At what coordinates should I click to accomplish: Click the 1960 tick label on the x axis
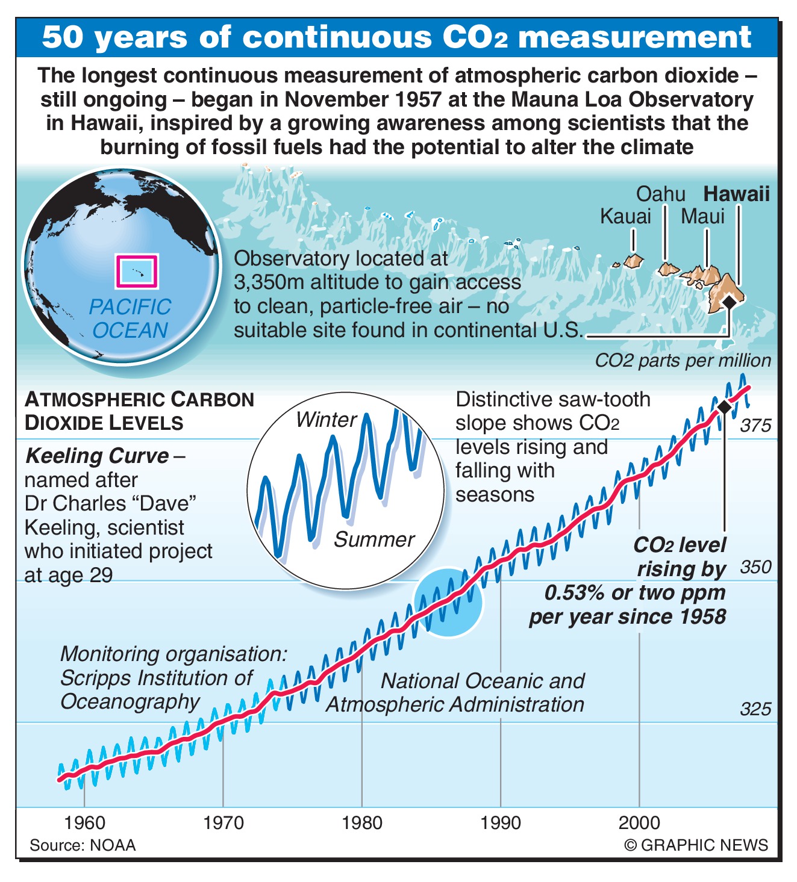point(84,822)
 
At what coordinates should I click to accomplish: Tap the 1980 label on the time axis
point(361,822)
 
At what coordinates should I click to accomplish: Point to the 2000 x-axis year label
point(639,822)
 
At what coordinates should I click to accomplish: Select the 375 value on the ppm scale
point(755,426)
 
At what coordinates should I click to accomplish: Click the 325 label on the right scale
point(755,709)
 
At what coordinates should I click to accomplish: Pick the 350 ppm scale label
point(755,567)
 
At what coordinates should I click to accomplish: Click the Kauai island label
point(625,216)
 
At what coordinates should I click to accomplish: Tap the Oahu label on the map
point(660,194)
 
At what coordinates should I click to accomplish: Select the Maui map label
point(702,216)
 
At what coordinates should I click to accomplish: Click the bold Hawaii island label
point(737,194)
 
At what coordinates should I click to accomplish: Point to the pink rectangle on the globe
point(136,272)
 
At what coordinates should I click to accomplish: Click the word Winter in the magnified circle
point(327,420)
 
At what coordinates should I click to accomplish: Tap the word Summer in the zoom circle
point(374,539)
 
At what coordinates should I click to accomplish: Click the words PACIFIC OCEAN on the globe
point(130,318)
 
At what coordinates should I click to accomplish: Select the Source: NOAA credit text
point(83,845)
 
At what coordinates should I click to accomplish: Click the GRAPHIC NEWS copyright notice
point(696,845)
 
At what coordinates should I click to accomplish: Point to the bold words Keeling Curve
point(97,456)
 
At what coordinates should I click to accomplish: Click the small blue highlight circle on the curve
point(448,603)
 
